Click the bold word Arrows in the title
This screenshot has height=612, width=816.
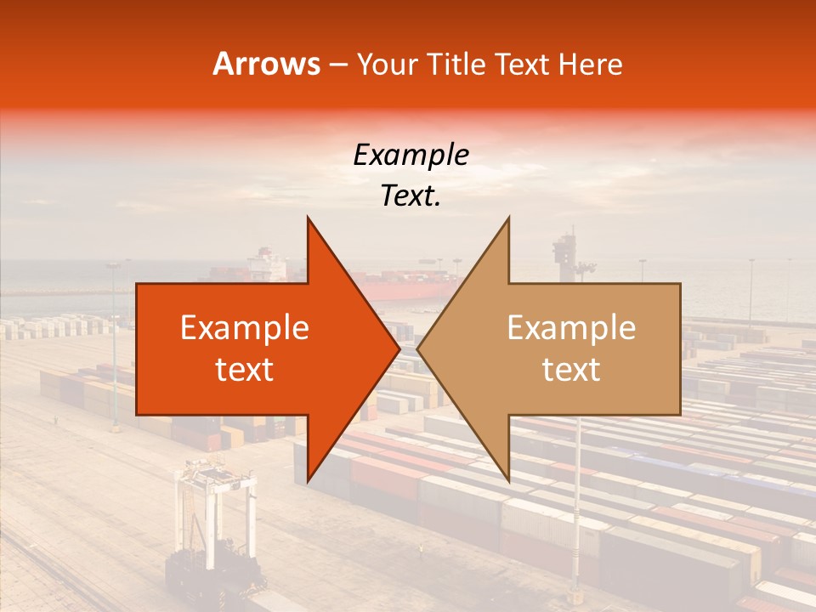(x=267, y=64)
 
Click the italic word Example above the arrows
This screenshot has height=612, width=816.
(x=411, y=156)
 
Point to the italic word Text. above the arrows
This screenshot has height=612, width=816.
(x=411, y=196)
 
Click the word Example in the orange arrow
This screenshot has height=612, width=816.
(x=245, y=328)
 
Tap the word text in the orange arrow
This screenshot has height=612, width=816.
(x=245, y=370)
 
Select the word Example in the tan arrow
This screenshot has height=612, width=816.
(x=571, y=328)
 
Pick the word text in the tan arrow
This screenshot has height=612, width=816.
(x=571, y=370)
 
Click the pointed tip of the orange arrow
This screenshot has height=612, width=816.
(x=399, y=349)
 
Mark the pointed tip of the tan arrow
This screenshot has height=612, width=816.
(x=418, y=349)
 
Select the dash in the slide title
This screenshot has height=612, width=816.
(x=337, y=65)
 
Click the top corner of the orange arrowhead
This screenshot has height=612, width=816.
(x=308, y=218)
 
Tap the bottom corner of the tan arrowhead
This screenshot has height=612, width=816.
(x=508, y=481)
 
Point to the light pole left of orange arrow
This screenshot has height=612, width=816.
(x=114, y=340)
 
